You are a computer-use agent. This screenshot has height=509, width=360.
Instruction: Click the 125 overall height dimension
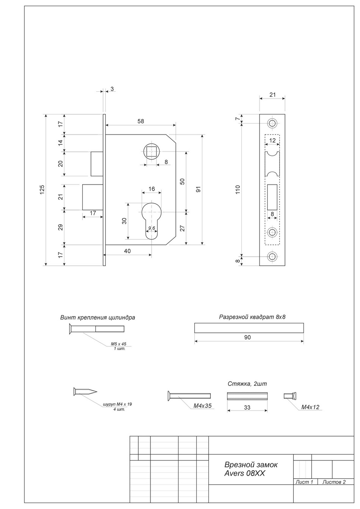point(42,190)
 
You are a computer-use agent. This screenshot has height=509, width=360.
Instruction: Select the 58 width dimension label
point(141,121)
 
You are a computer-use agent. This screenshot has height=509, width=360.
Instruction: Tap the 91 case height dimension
point(198,189)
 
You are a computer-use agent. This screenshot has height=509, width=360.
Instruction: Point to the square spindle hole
point(152,152)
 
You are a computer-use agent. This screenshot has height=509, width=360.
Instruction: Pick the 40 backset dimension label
point(127,251)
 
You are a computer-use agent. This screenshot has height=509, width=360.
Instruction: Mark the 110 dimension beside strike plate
point(238,189)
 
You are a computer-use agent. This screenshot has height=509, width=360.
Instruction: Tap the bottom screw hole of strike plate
point(272,257)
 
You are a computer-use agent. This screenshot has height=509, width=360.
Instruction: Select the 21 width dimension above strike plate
point(272,95)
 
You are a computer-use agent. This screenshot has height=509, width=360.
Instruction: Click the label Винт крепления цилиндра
point(97,318)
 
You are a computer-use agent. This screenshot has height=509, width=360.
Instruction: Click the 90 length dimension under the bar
point(248,337)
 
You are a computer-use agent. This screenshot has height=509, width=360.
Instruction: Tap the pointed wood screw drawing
point(85,392)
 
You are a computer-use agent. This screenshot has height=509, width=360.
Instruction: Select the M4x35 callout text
point(202,406)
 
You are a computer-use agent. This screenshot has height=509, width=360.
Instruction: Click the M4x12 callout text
point(310,407)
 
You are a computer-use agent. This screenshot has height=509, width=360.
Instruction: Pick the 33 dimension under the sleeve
point(247,408)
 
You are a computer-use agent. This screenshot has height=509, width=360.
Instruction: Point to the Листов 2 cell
point(333,482)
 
